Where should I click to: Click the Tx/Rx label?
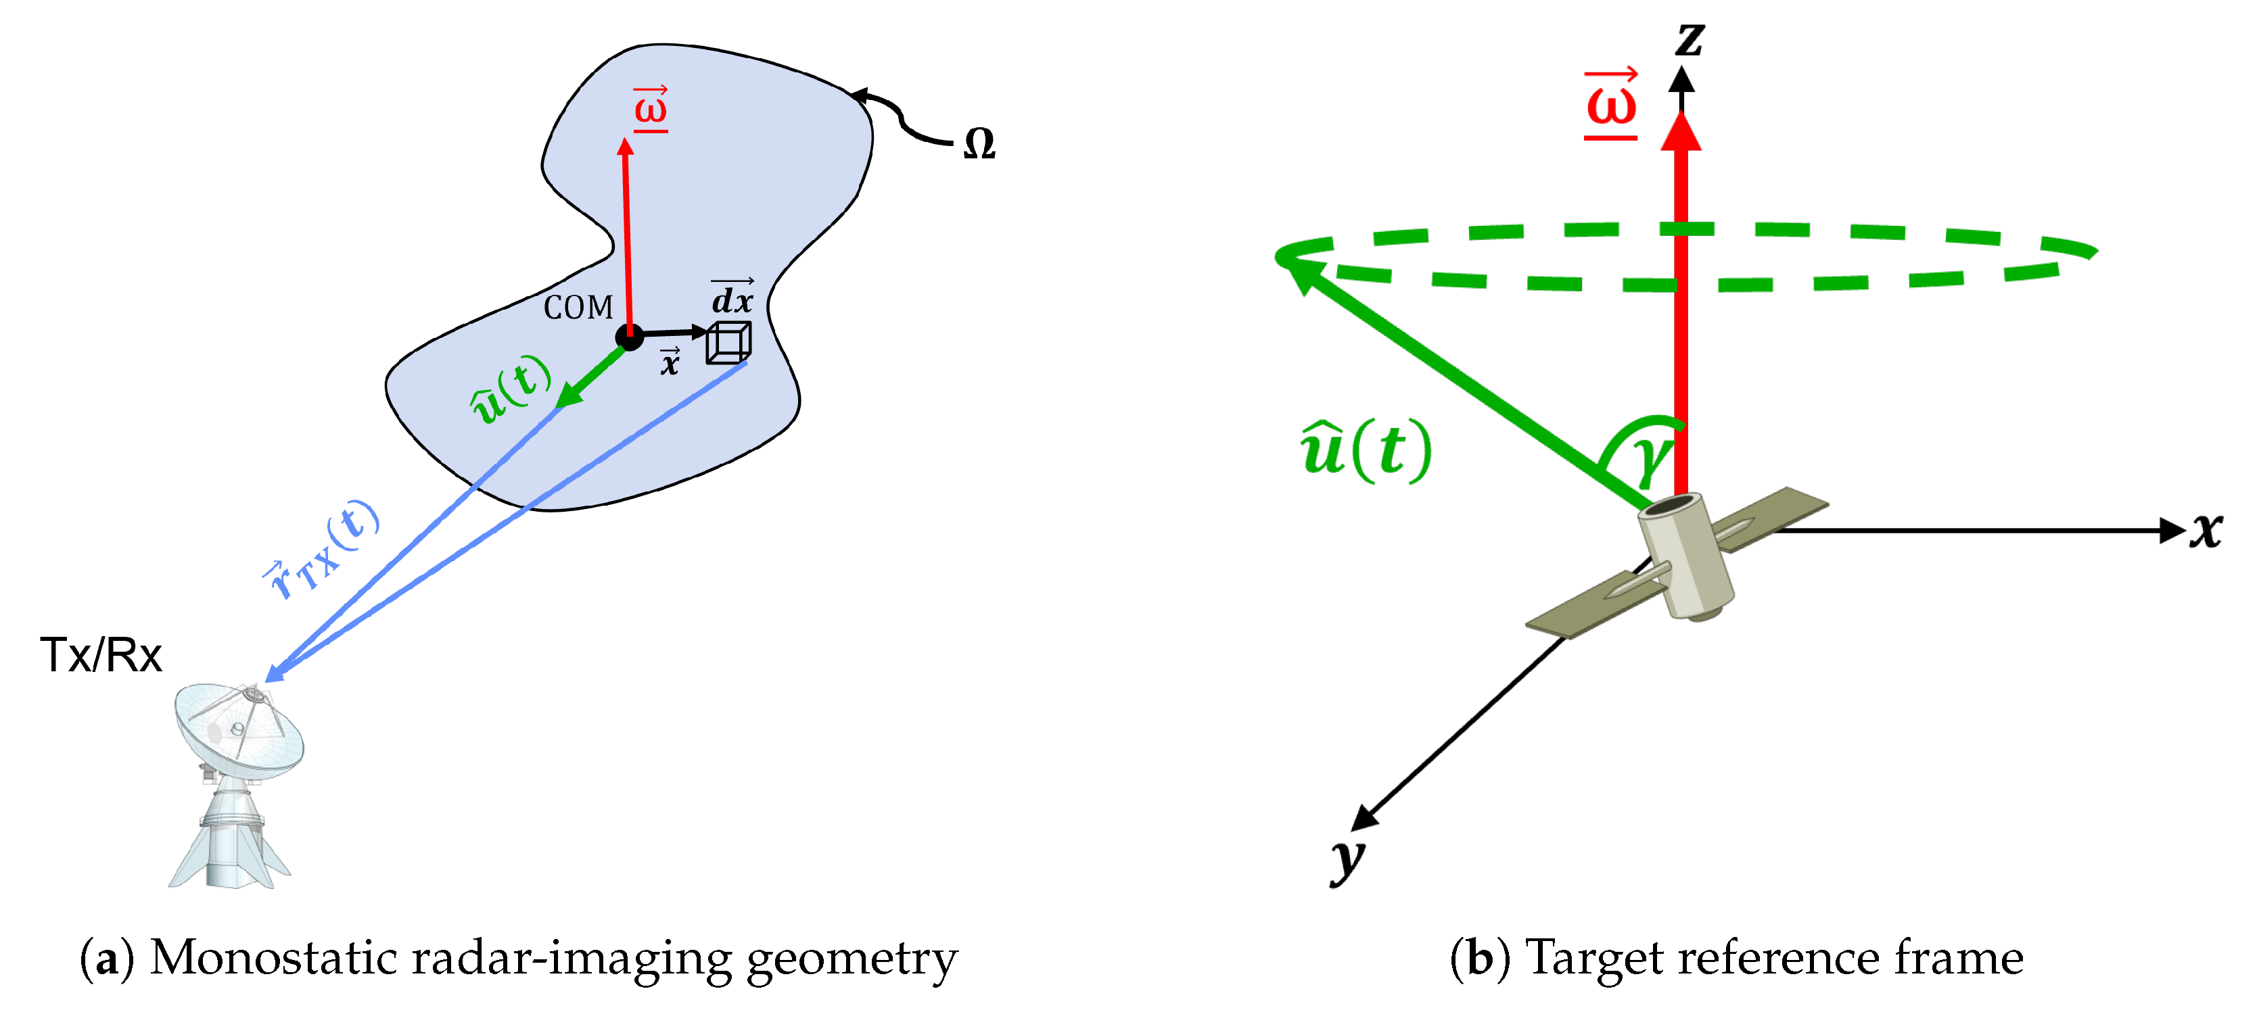point(101,655)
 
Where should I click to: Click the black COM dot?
point(629,336)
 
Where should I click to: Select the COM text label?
point(578,308)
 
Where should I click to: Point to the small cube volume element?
point(728,342)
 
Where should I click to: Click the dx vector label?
point(732,298)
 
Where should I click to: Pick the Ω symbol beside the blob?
point(979,144)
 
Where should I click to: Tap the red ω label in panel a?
point(651,109)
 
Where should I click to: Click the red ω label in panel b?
point(1611,103)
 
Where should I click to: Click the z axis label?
point(1689,39)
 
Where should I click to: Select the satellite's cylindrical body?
point(1685,555)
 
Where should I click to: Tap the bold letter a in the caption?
point(107,958)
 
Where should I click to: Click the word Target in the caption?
point(1593,958)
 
